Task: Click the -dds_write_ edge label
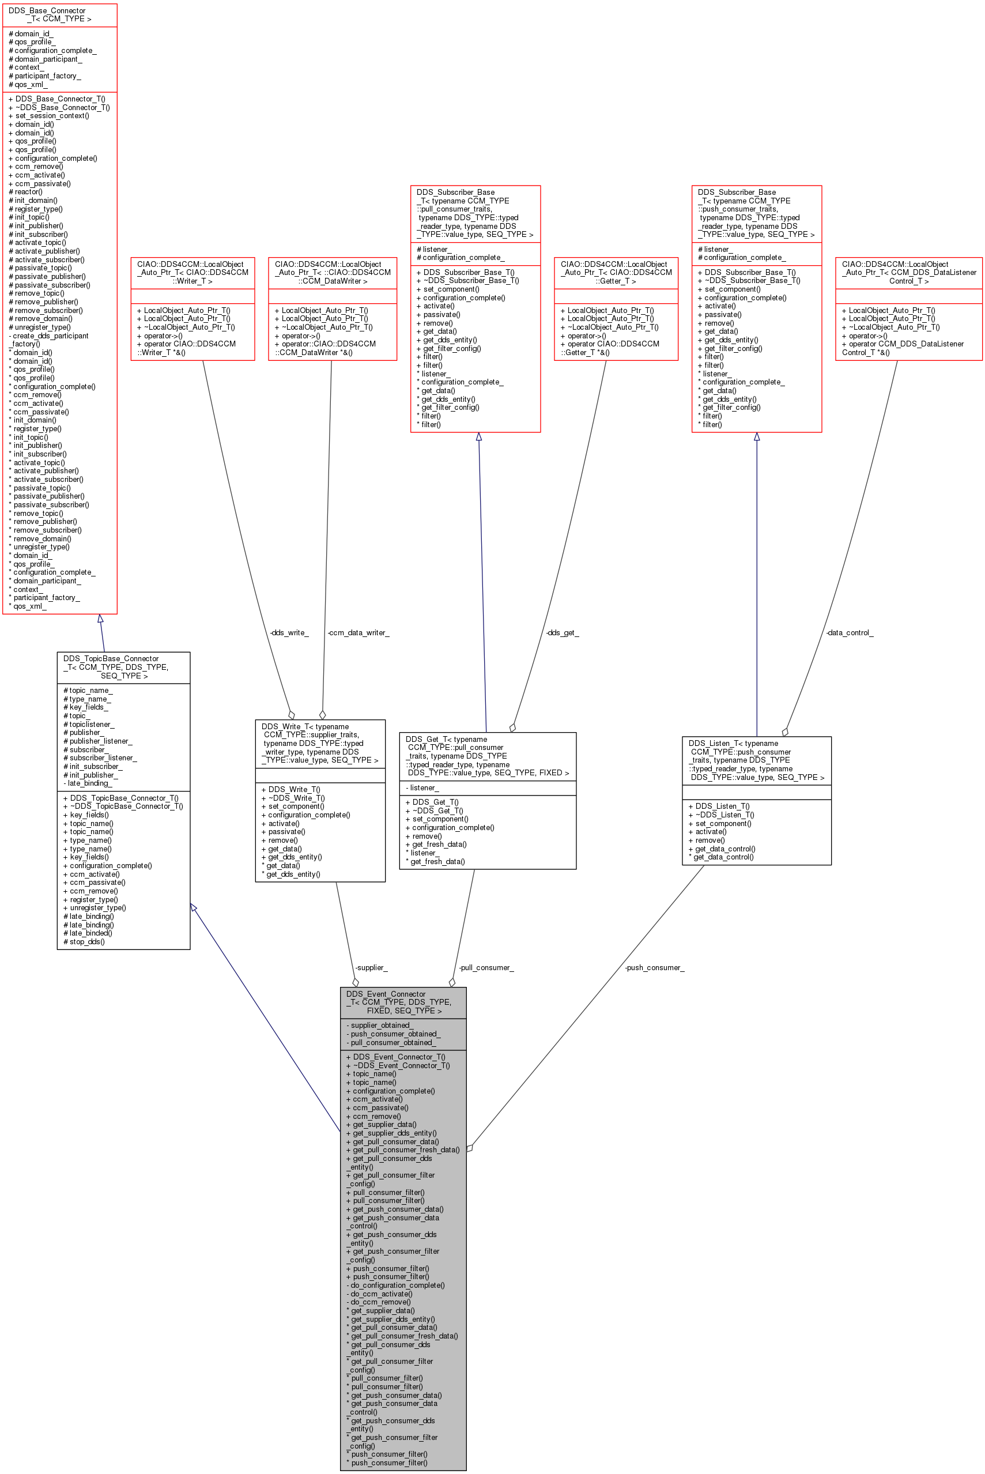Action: pyautogui.click(x=289, y=633)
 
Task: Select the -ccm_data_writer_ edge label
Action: pyautogui.click(x=358, y=633)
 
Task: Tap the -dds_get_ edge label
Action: pyautogui.click(x=562, y=633)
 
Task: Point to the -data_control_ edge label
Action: pyautogui.click(x=850, y=633)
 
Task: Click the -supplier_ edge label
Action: pyautogui.click(x=371, y=968)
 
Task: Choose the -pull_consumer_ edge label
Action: pyautogui.click(x=486, y=968)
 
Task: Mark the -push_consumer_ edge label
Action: pyautogui.click(x=655, y=968)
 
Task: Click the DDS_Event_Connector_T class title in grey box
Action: pyautogui.click(x=398, y=1002)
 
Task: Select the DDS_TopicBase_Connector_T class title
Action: pyautogui.click(x=116, y=666)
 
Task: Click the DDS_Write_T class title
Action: pyautogui.click(x=320, y=743)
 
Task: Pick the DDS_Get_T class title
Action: pyautogui.click(x=488, y=756)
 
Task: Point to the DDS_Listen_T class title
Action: pyautogui.click(x=756, y=760)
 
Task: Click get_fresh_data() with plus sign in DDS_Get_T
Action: pyautogui.click(x=436, y=845)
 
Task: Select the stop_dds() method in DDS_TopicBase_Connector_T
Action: pyautogui.click(x=84, y=941)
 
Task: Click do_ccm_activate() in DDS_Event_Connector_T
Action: pyautogui.click(x=379, y=1294)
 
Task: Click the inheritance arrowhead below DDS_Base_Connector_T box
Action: pyautogui.click(x=100, y=619)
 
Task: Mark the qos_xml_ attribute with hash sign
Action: pyautogui.click(x=28, y=84)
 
